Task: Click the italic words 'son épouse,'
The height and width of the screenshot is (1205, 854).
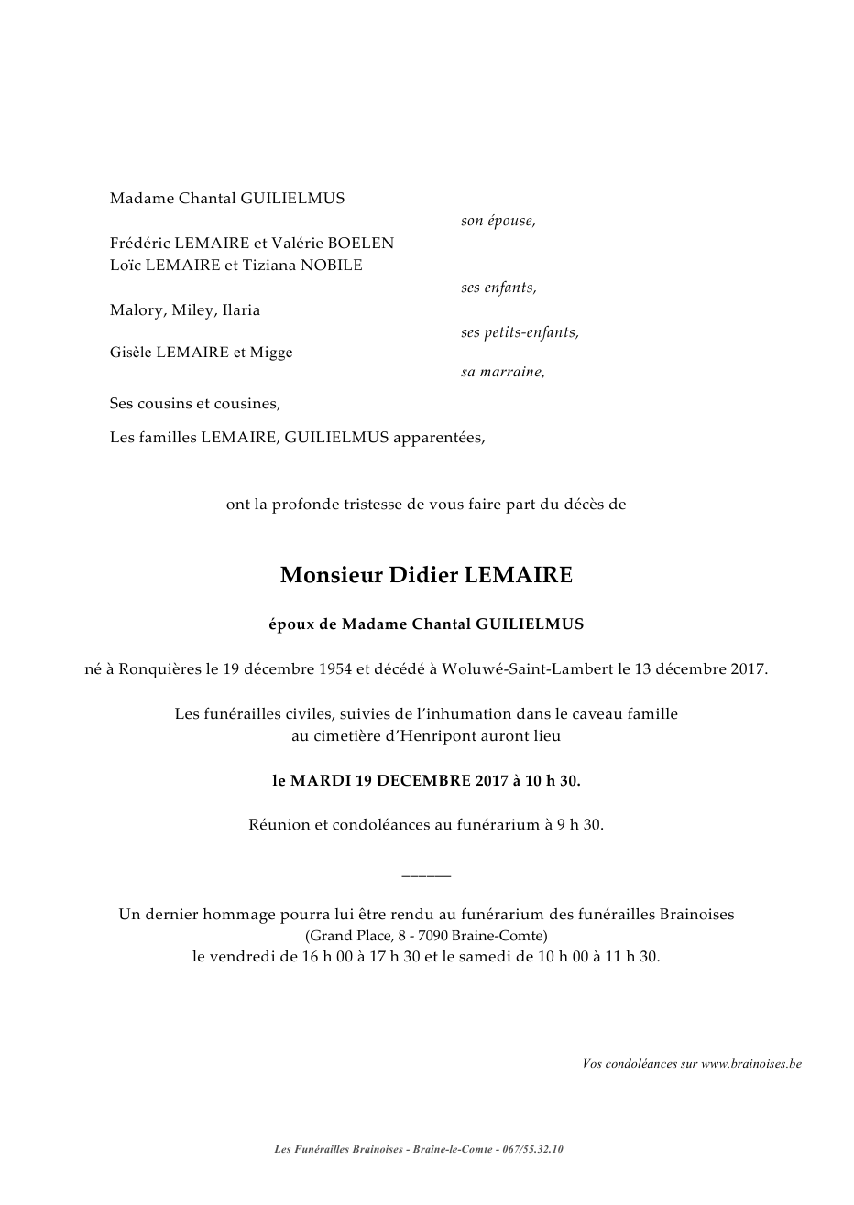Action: click(x=498, y=221)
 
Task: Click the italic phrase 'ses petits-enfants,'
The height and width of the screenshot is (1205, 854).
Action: click(x=520, y=332)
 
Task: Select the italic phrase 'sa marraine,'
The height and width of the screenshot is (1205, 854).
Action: click(x=502, y=373)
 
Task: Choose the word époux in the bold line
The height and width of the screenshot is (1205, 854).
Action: click(x=290, y=624)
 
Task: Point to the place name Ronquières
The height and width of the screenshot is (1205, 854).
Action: click(x=162, y=668)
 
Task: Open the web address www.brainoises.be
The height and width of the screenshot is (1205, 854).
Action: click(x=751, y=1063)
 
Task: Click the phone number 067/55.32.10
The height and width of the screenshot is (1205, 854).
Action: click(x=532, y=1149)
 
